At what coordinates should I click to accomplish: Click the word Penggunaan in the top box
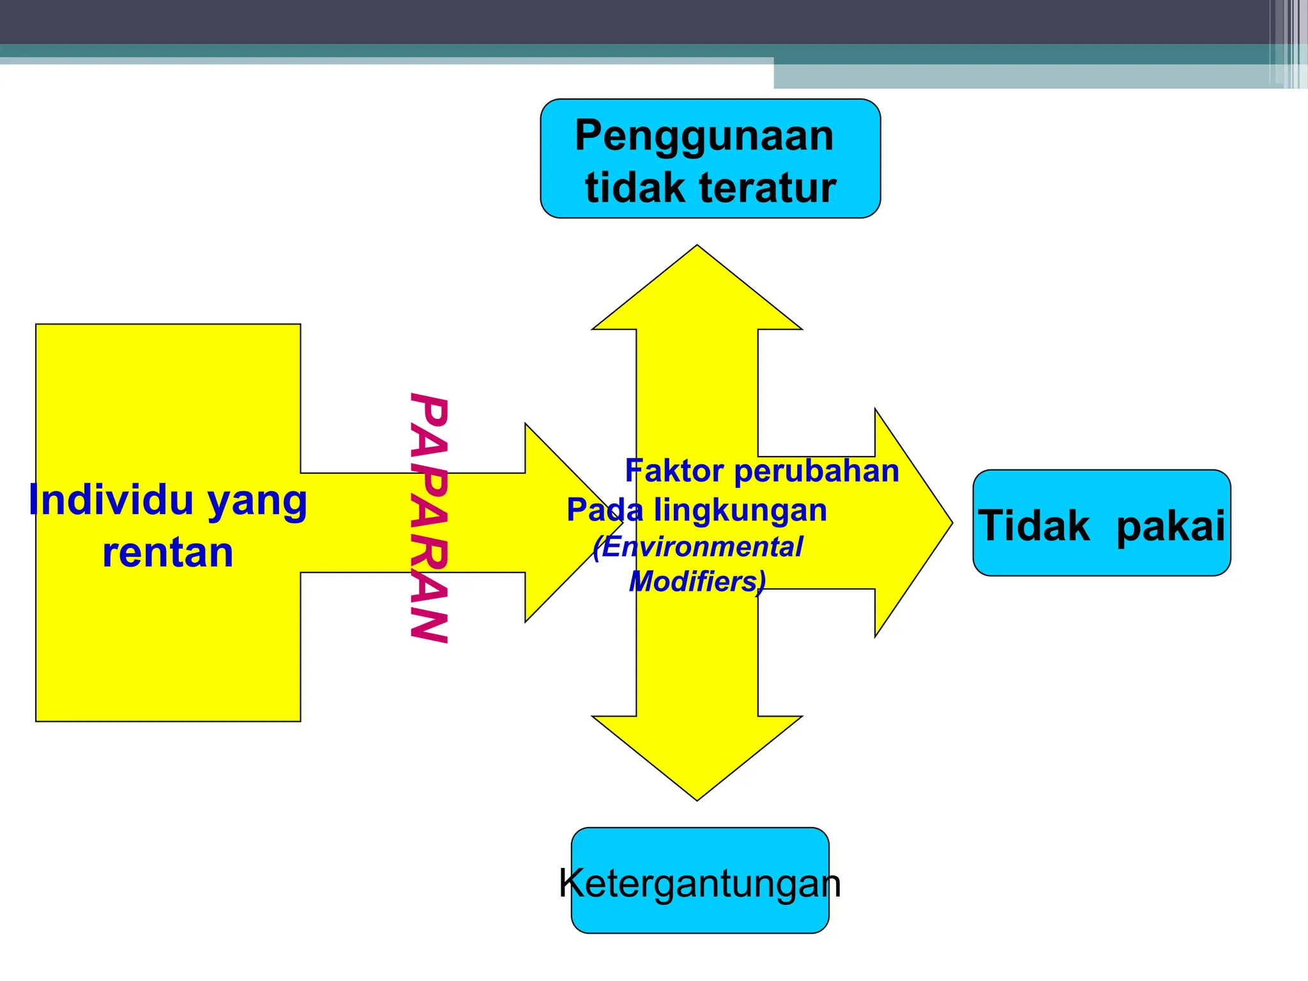pos(704,136)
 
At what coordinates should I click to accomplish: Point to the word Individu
pos(110,500)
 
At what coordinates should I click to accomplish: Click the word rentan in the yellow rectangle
pos(168,552)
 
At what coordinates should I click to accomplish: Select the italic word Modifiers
pos(696,582)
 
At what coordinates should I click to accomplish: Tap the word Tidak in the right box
pos(1034,526)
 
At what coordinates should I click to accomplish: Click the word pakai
pos(1171,526)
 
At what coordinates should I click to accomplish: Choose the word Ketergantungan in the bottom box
pos(700,883)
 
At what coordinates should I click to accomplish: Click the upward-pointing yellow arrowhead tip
pos(697,249)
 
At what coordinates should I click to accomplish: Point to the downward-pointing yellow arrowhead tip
pos(697,796)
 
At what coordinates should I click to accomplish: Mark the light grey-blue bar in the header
pos(1022,77)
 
